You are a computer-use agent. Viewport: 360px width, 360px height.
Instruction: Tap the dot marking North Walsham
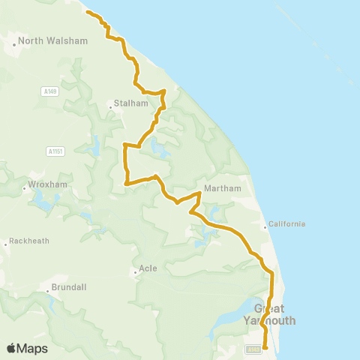click(13, 44)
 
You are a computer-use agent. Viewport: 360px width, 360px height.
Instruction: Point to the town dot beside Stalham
click(110, 107)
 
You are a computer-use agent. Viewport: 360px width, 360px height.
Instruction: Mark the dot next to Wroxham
click(24, 187)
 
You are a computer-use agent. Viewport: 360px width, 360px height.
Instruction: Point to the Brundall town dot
click(47, 289)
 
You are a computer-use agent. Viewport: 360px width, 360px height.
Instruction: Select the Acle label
click(148, 268)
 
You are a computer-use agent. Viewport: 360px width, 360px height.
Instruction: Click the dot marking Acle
click(135, 271)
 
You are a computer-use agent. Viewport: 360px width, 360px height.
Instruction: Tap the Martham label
click(222, 187)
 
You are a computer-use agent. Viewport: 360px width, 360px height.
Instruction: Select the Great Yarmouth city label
click(270, 314)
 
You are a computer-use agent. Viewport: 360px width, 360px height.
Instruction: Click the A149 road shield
click(49, 91)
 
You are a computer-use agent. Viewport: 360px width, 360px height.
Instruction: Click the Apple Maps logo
click(26, 348)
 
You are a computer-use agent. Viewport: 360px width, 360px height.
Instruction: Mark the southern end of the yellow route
click(265, 347)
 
